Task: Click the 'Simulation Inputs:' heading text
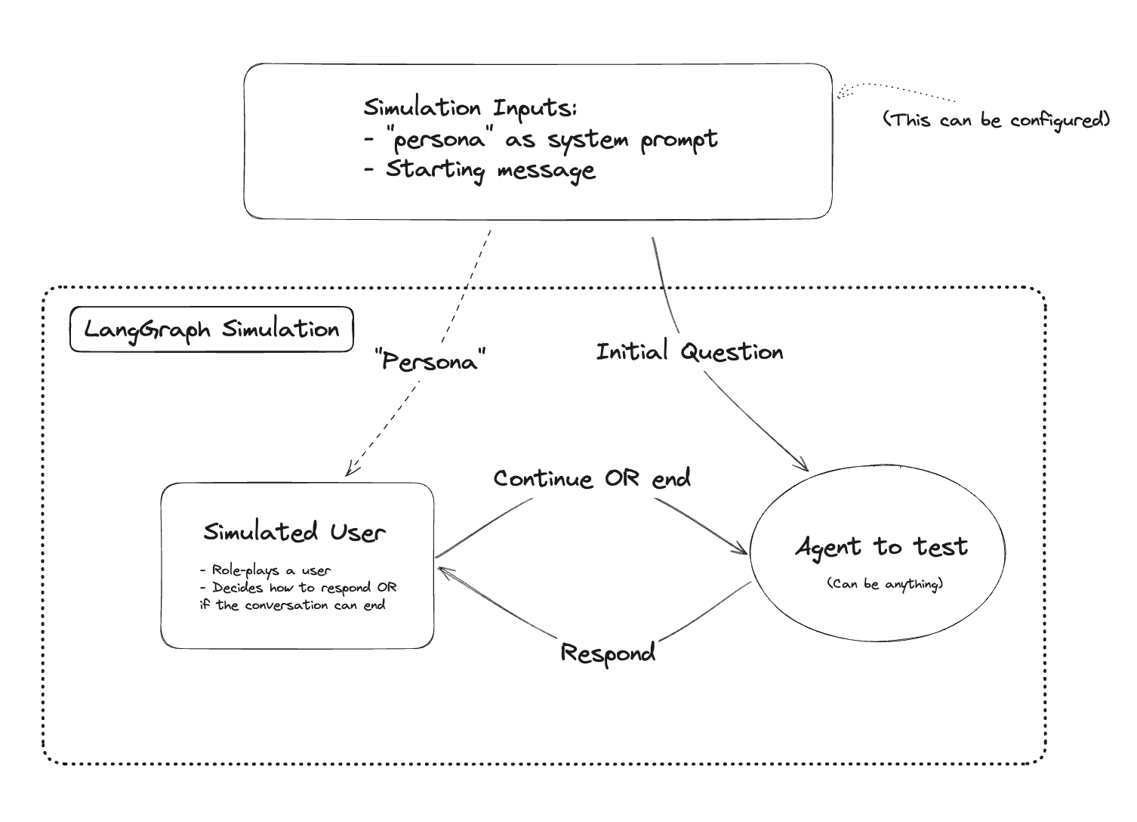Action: pos(470,108)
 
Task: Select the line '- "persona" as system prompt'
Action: pos(540,141)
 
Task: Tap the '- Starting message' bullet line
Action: pos(479,170)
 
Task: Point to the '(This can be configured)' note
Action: pos(997,120)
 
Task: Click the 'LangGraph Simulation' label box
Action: pos(211,329)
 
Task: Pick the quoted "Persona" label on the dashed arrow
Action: pos(430,360)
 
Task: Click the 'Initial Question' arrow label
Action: pos(689,352)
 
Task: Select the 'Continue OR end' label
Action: pos(592,479)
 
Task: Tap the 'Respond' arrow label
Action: pos(608,654)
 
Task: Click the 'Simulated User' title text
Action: pos(294,532)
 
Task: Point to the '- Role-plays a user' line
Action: pos(266,570)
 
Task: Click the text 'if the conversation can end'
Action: pos(293,605)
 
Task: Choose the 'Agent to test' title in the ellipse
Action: pos(881,547)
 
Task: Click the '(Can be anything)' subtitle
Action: pos(884,584)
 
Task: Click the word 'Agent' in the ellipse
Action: pos(828,548)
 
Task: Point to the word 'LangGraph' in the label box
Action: pos(147,330)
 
